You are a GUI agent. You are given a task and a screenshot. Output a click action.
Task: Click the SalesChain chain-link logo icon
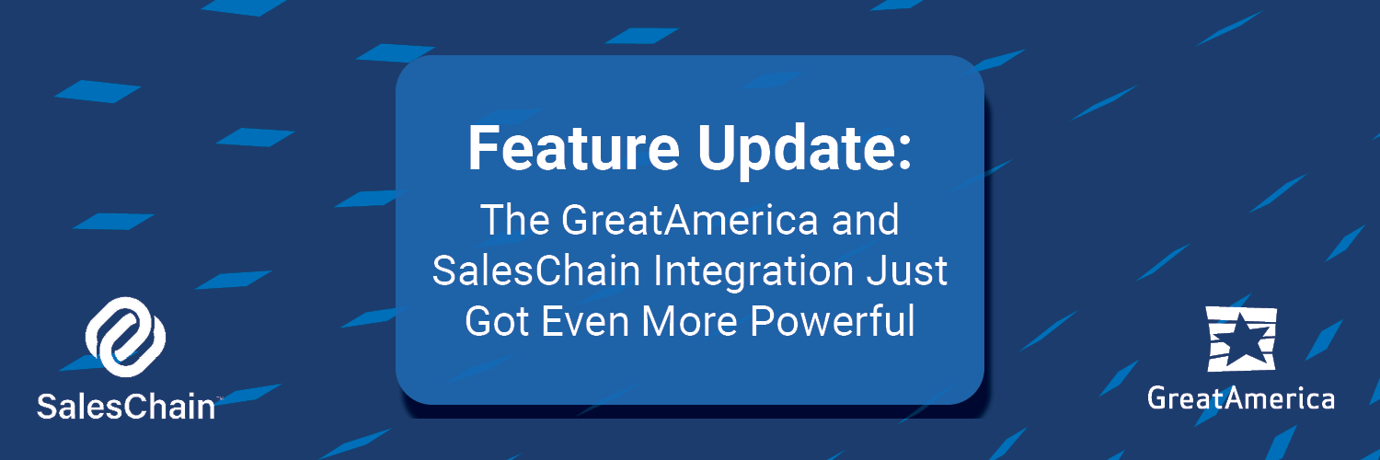point(125,338)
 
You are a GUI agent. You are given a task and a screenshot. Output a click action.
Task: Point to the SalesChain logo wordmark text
point(125,406)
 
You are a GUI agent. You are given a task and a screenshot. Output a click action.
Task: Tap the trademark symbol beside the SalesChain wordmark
point(219,398)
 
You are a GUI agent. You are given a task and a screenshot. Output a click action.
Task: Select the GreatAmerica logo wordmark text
point(1241,398)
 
